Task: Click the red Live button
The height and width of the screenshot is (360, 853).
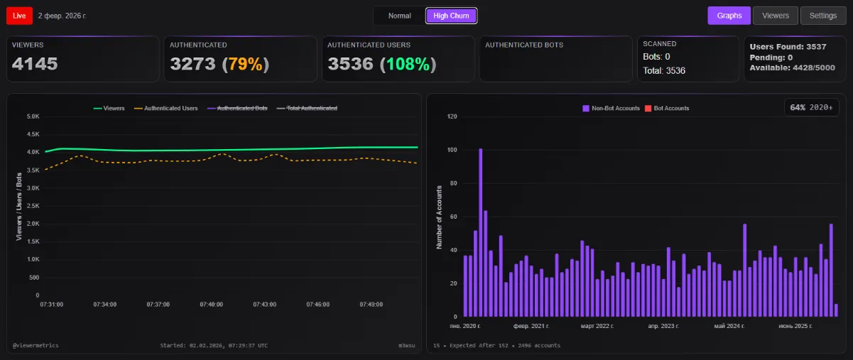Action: pos(19,15)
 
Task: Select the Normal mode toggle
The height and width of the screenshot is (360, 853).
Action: pos(399,16)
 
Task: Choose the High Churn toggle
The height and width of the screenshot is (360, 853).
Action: pos(451,16)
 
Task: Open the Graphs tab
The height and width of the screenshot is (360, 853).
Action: pos(729,16)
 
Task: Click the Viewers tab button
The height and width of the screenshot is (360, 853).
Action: pos(775,16)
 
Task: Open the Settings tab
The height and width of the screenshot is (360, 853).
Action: pos(823,16)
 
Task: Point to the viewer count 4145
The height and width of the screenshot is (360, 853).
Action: pos(35,64)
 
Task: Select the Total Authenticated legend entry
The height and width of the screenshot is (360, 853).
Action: pos(312,108)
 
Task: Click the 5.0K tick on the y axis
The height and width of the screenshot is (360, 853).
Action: pos(33,116)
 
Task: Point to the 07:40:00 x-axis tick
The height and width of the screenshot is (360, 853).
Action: pos(211,304)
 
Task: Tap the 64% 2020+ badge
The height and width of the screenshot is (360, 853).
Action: pos(813,107)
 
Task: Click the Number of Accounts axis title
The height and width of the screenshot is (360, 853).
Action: pos(439,217)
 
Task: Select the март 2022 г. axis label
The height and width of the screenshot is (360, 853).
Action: pos(597,325)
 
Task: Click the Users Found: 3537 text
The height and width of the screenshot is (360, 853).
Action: pos(788,47)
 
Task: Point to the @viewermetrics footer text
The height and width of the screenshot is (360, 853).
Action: pos(36,345)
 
